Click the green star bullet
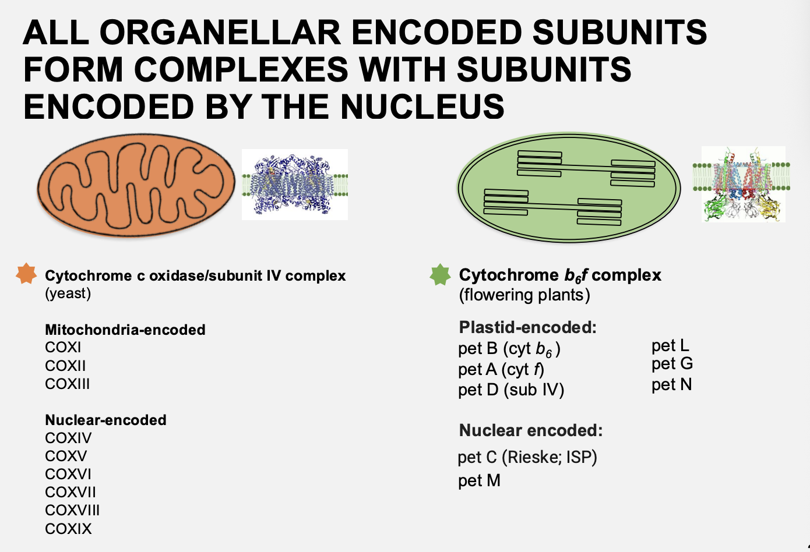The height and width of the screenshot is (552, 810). (x=440, y=274)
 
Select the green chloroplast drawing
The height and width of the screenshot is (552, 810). (x=569, y=187)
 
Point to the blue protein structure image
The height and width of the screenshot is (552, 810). (x=295, y=185)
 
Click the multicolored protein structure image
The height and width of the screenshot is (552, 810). (x=743, y=184)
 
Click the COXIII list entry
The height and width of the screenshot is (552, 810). (x=68, y=384)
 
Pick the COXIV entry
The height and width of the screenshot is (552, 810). (x=68, y=438)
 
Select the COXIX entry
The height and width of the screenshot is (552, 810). (x=68, y=529)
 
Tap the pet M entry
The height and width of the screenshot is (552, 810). (x=479, y=481)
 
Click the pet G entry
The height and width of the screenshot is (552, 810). (x=672, y=364)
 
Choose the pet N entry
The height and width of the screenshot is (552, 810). (x=671, y=385)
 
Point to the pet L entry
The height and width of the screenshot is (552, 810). (x=670, y=346)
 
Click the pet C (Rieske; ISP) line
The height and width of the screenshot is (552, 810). (x=527, y=458)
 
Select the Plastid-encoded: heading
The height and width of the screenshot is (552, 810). (x=527, y=327)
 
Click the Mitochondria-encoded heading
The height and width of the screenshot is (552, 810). (x=125, y=330)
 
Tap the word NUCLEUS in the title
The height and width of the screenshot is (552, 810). (x=422, y=107)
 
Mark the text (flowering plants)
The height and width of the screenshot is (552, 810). (x=524, y=295)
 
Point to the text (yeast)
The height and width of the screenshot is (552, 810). (x=68, y=293)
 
